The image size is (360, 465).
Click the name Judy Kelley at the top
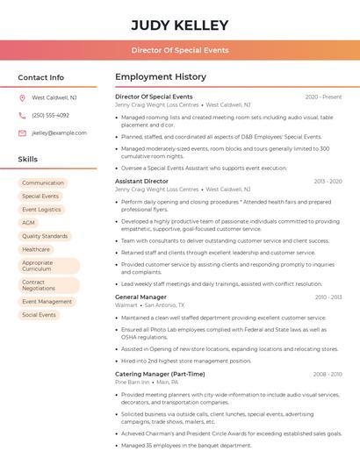click(x=180, y=25)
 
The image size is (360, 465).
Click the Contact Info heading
click(x=41, y=77)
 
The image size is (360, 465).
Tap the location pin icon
click(x=22, y=98)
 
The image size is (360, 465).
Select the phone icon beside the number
click(x=22, y=116)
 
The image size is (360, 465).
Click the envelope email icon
click(x=22, y=133)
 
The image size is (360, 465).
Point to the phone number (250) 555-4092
click(x=50, y=116)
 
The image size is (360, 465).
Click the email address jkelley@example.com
click(x=59, y=133)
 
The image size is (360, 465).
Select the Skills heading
click(x=28, y=160)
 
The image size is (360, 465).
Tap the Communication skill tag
click(x=43, y=183)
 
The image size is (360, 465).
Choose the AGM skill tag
click(x=29, y=223)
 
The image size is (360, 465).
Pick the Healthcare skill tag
click(x=36, y=249)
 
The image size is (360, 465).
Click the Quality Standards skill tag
click(x=45, y=236)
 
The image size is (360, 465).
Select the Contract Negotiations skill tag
click(x=39, y=285)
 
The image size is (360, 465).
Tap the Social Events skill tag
click(x=39, y=315)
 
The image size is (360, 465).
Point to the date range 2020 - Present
click(x=323, y=97)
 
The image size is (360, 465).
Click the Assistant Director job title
click(x=141, y=181)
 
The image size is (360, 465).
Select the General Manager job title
click(x=140, y=297)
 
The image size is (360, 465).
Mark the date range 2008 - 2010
click(x=328, y=374)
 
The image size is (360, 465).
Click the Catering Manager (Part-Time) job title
click(x=160, y=374)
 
